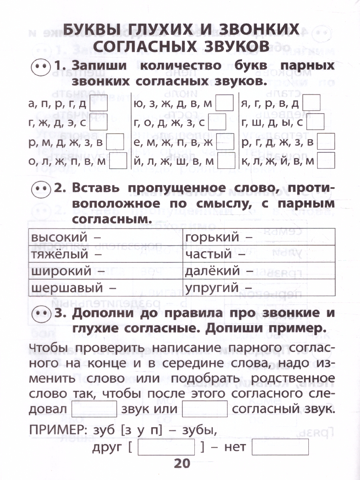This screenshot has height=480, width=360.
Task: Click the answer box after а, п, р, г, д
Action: pyautogui.click(x=98, y=105)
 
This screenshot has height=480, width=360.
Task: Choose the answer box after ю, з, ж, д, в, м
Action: pyautogui.click(x=224, y=104)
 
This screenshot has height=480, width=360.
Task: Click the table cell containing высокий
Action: pyautogui.click(x=106, y=237)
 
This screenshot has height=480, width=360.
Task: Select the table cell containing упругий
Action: pyautogui.click(x=259, y=288)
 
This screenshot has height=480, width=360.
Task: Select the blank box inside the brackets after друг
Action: pyautogui.click(x=166, y=447)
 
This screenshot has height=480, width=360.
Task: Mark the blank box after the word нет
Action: pyautogui.click(x=280, y=447)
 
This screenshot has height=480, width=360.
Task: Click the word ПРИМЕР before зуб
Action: pyautogui.click(x=56, y=430)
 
